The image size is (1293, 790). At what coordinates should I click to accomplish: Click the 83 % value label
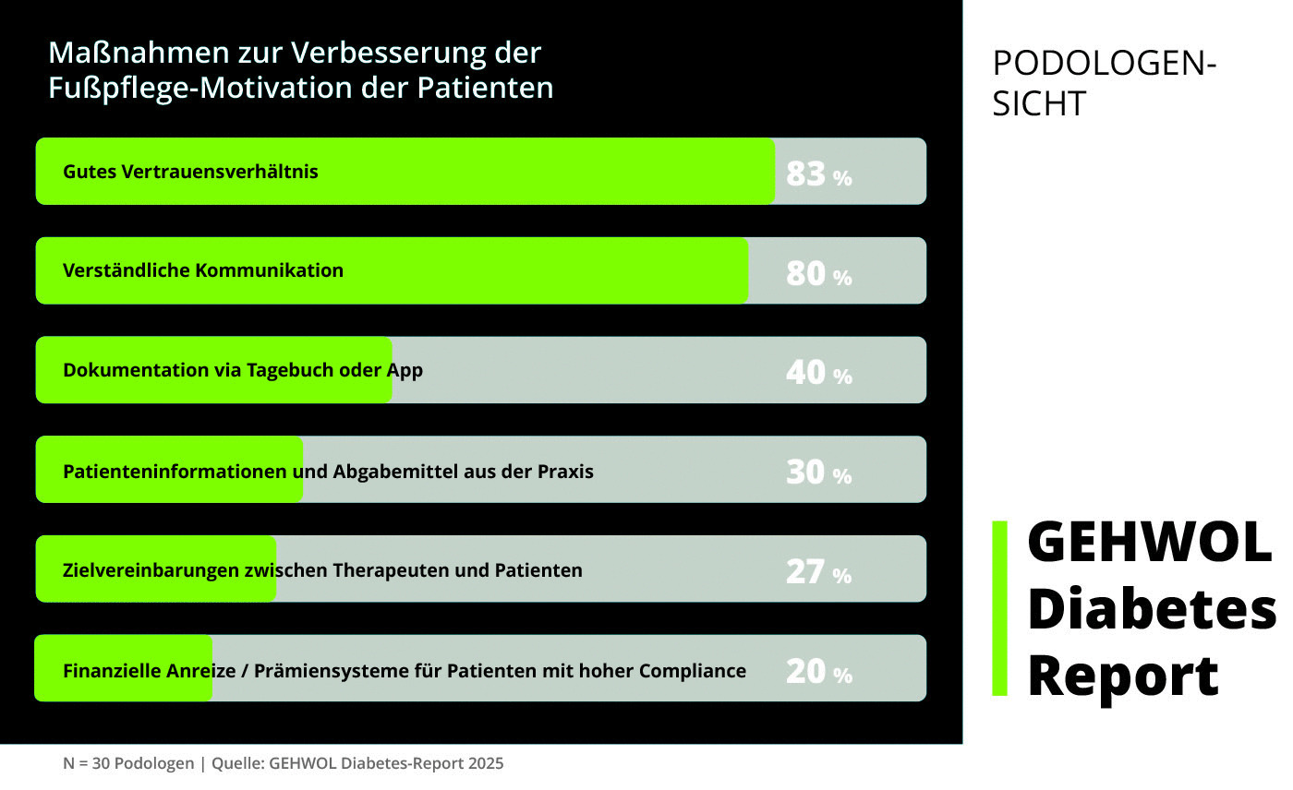click(818, 174)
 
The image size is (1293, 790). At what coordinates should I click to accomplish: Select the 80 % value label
click(818, 273)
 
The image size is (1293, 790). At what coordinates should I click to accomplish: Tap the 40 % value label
click(818, 373)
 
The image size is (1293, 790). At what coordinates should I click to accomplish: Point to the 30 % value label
click(818, 473)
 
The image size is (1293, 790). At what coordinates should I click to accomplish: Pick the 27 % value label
click(818, 572)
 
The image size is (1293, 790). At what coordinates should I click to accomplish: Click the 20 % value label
click(818, 672)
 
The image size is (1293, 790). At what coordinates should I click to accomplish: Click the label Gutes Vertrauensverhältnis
click(190, 172)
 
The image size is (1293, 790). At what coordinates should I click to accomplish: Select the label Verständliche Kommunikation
click(203, 270)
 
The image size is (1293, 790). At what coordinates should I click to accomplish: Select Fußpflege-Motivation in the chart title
click(215, 88)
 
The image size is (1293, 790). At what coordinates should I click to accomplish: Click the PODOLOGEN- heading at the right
click(1104, 64)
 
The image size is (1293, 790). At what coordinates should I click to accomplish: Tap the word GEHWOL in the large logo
click(1149, 542)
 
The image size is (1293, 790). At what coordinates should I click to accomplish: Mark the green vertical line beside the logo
click(999, 608)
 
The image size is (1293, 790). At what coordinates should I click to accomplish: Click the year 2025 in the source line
click(485, 763)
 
